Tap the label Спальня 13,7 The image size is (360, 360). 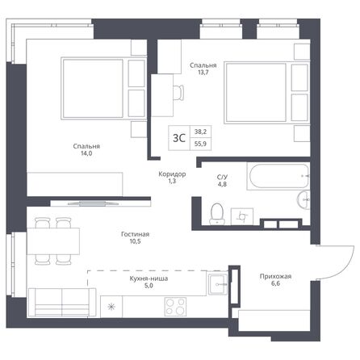coord(202,69)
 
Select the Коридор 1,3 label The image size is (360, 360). coord(172,178)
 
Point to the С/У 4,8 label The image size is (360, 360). coord(223,180)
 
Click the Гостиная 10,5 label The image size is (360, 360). coord(136,240)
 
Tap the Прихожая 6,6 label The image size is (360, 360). coord(276,280)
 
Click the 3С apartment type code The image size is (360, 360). coord(181,137)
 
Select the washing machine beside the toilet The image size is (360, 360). coord(241,216)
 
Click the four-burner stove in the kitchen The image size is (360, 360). coord(175,306)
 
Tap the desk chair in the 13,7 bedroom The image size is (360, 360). coord(176,92)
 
